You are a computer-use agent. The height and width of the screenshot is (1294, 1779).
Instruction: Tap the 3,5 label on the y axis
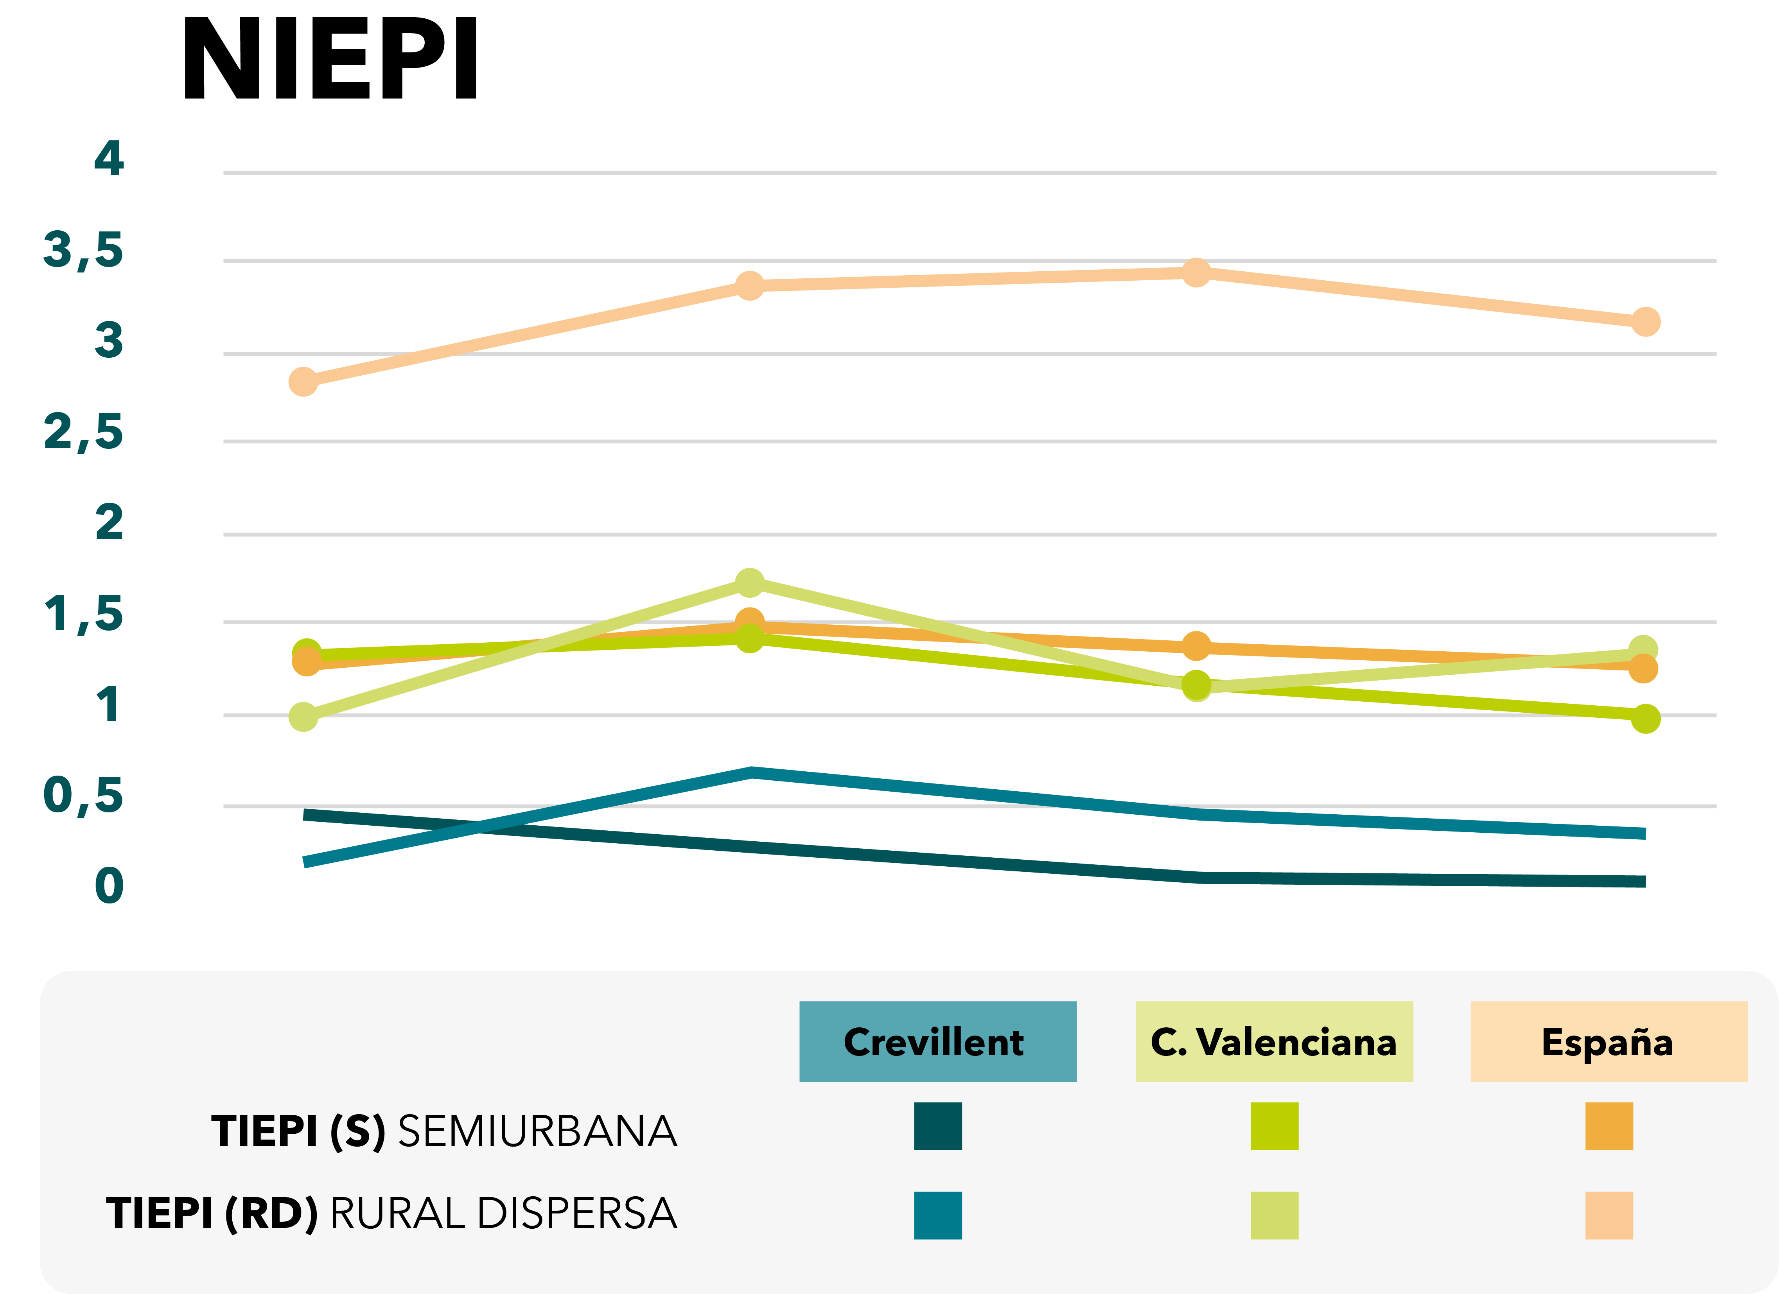(83, 250)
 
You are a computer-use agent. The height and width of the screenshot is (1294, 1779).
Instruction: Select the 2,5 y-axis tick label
(83, 432)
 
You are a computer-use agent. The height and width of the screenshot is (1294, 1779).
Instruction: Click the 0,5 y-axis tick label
(83, 795)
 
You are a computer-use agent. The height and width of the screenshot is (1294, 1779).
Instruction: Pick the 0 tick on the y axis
(109, 886)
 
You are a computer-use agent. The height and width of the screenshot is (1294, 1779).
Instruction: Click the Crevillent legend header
(937, 1041)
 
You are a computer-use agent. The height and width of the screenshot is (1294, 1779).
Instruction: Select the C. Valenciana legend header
(1274, 1041)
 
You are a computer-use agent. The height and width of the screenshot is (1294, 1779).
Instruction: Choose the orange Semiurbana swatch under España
(1609, 1126)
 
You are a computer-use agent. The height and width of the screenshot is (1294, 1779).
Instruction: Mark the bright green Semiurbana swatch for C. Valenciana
(1274, 1126)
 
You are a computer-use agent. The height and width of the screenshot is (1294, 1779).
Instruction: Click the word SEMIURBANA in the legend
(537, 1132)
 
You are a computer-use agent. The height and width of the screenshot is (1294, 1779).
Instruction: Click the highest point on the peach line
(1196, 272)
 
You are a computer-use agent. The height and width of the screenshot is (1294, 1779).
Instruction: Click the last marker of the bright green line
(1645, 719)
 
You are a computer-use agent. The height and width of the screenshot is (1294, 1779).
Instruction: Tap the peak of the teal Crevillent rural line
(751, 772)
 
